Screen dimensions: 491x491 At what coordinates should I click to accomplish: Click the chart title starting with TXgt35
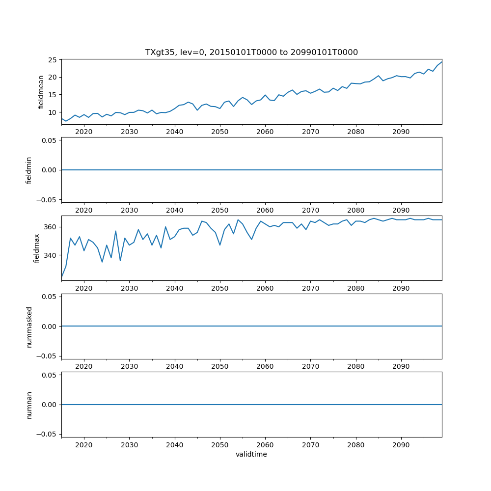(x=251, y=52)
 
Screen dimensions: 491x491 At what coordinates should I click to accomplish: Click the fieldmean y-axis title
(x=41, y=92)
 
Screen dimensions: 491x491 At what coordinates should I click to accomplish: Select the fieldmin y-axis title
(x=29, y=170)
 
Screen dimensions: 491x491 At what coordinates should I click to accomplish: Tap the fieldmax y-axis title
(x=37, y=248)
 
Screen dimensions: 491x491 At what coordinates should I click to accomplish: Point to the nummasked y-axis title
(x=29, y=327)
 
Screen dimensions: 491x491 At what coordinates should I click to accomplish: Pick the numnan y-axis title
(x=29, y=405)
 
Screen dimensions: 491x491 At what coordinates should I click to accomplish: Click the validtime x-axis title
(x=251, y=454)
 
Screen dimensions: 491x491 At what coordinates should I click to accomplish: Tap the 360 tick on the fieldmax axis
(x=52, y=227)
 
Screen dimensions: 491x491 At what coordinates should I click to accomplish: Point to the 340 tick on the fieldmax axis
(x=52, y=255)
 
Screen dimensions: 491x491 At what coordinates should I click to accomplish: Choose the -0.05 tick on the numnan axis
(x=49, y=434)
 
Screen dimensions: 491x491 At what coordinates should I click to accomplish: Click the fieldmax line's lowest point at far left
(x=62, y=278)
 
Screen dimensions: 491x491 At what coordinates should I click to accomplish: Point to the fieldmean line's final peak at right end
(x=441, y=62)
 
